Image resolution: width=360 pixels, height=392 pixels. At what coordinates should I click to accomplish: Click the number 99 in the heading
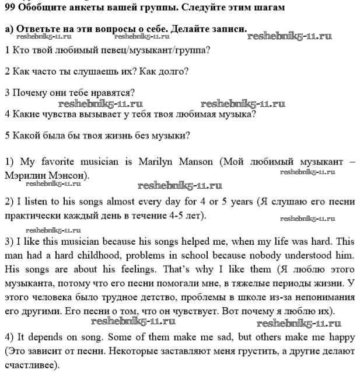[x=10, y=8]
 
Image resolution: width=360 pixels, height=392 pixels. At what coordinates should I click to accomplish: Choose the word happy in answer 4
[x=340, y=338]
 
